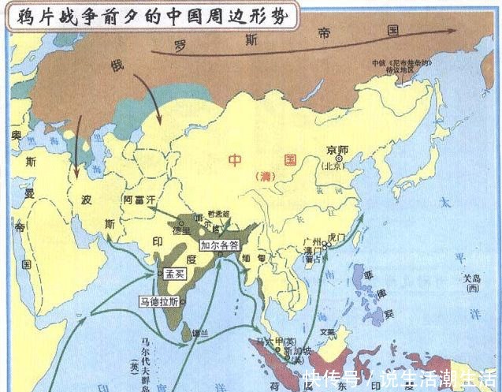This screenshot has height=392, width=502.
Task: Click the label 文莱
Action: coord(328,332)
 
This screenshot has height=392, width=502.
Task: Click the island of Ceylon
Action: coord(194,334)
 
